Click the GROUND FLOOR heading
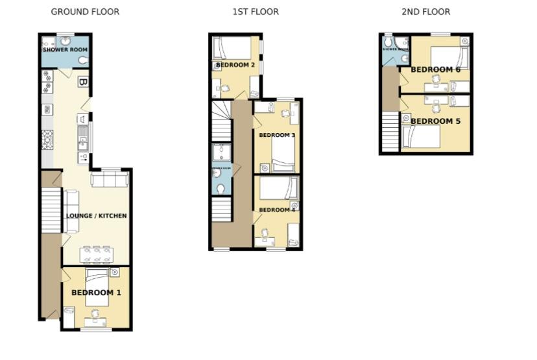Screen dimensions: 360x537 click(x=85, y=12)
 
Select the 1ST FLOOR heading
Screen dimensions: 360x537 click(x=256, y=12)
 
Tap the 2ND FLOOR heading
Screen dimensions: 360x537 click(x=425, y=12)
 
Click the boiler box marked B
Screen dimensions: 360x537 click(x=82, y=82)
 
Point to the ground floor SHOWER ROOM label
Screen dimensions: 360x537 click(x=65, y=50)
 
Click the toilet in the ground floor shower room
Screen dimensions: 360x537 click(x=82, y=61)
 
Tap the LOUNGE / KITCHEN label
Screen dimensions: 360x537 click(x=96, y=216)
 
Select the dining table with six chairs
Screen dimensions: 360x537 click(x=96, y=253)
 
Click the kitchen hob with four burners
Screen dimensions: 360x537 click(x=47, y=138)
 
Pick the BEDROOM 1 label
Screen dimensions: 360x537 click(x=96, y=293)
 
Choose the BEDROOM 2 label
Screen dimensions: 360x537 click(x=235, y=65)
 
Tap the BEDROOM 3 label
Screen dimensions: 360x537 click(x=277, y=135)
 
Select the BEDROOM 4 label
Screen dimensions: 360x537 click(x=277, y=210)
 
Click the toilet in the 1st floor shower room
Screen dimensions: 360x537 click(x=221, y=189)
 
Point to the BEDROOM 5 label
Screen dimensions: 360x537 click(x=435, y=121)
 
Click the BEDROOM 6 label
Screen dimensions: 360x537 click(x=435, y=69)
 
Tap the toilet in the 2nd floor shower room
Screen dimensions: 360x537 click(x=405, y=58)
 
